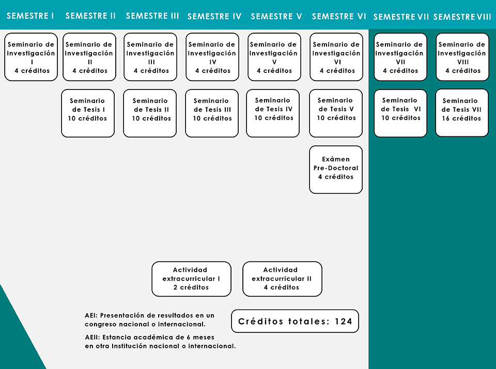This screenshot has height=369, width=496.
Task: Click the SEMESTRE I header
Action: pyautogui.click(x=30, y=16)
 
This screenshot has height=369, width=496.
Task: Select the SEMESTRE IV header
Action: pyautogui.click(x=214, y=16)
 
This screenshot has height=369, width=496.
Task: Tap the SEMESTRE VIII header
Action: pyautogui.click(x=462, y=17)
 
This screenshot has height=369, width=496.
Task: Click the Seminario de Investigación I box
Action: pyautogui.click(x=31, y=57)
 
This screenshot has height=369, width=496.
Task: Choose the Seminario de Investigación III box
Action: pyautogui.click(x=150, y=57)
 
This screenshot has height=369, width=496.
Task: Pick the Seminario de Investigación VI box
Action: pyautogui.click(x=336, y=57)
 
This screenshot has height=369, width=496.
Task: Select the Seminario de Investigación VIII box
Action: pyautogui.click(x=462, y=57)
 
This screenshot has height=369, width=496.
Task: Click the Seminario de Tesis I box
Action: pyautogui.click(x=88, y=113)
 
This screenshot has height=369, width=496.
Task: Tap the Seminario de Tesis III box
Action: pyautogui.click(x=212, y=113)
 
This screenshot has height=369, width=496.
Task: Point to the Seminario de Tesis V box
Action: pyautogui.click(x=336, y=113)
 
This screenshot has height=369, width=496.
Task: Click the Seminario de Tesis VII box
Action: pyautogui.click(x=462, y=113)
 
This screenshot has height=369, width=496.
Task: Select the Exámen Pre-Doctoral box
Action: pyautogui.click(x=336, y=170)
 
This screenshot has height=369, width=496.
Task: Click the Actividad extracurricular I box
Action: pyautogui.click(x=191, y=279)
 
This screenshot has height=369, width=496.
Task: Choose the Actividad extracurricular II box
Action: pyautogui.click(x=283, y=279)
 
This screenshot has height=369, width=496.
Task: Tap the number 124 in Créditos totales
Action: pyautogui.click(x=344, y=321)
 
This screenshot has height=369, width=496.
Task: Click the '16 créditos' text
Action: pyautogui.click(x=461, y=118)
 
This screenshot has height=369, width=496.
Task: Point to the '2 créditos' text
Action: pyautogui.click(x=191, y=287)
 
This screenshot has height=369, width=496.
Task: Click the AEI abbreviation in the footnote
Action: pyautogui.click(x=91, y=316)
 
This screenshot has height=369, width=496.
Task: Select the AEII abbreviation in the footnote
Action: pyautogui.click(x=92, y=337)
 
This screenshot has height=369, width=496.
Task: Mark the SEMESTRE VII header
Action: pyautogui.click(x=401, y=17)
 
